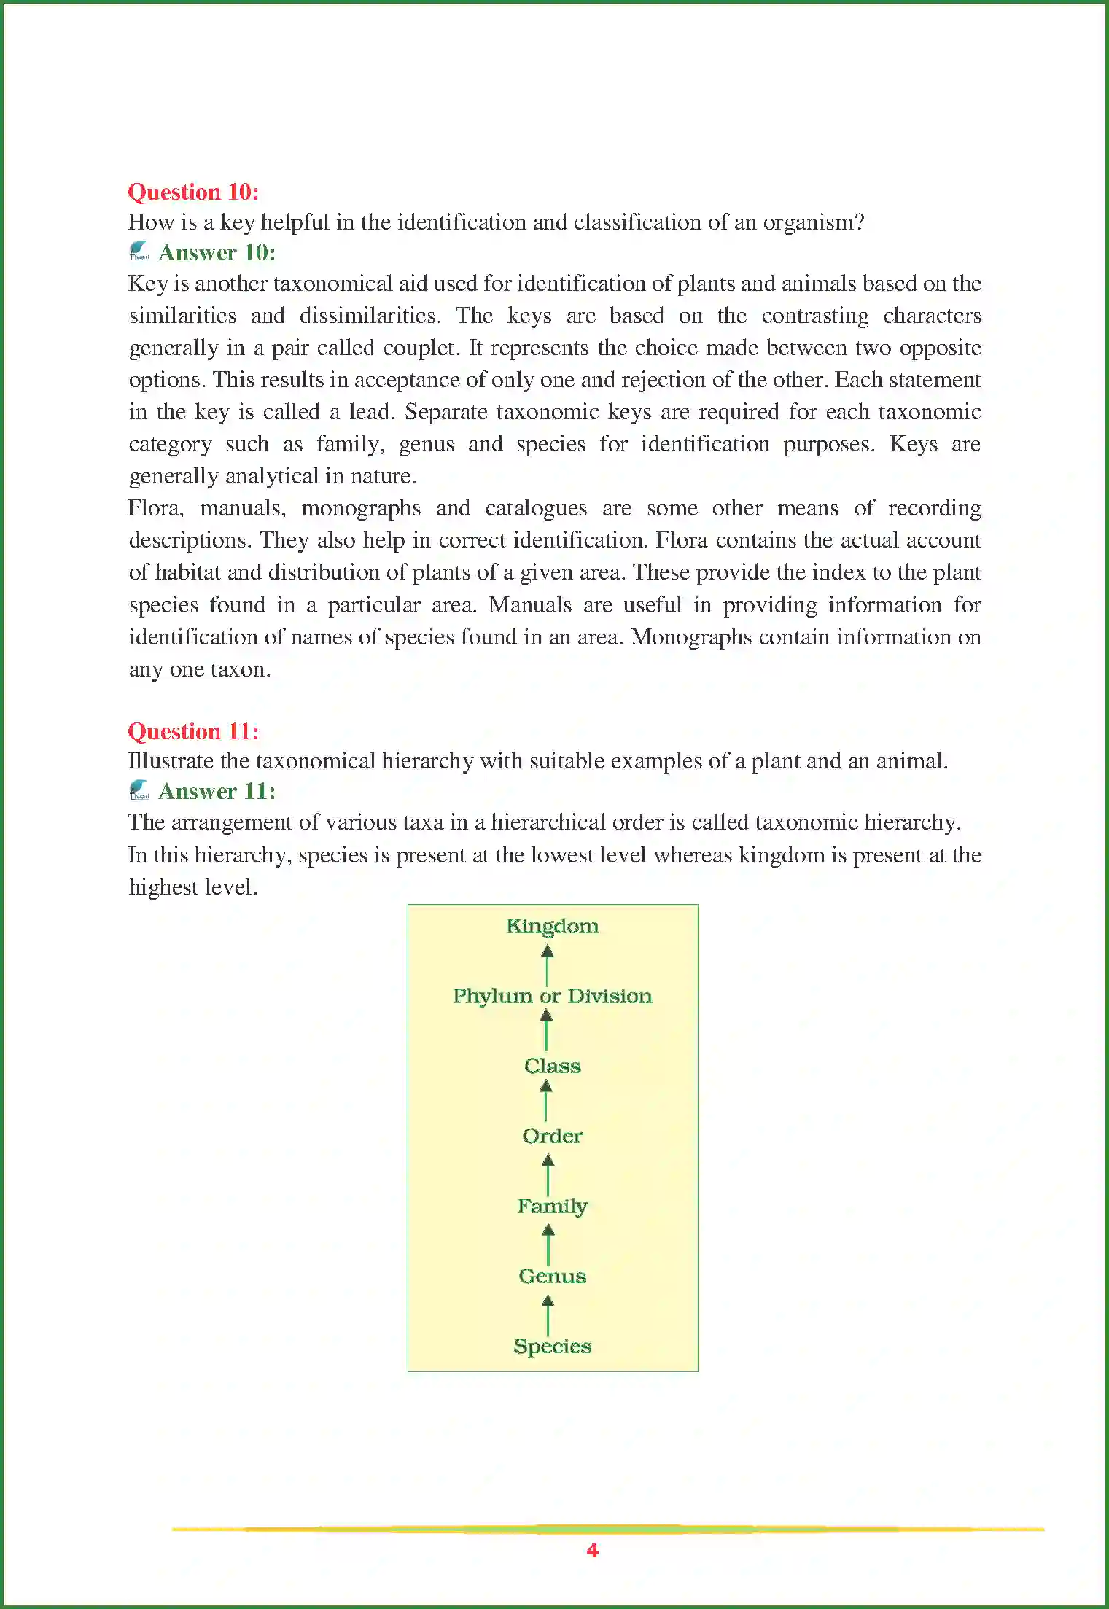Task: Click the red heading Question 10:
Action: (193, 192)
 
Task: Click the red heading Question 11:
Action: (193, 731)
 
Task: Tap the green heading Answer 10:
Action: (217, 252)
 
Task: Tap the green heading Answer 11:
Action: (217, 791)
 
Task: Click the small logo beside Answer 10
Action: (139, 252)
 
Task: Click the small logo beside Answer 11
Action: (139, 790)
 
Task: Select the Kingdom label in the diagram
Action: (552, 926)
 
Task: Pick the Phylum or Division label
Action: (552, 996)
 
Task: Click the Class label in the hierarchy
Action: (552, 1066)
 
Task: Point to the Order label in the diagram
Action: (552, 1136)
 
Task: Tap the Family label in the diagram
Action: (552, 1207)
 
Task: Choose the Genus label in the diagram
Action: (552, 1276)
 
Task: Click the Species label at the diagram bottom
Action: (552, 1346)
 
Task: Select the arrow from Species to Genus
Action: (548, 1314)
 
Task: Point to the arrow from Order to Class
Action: (546, 1101)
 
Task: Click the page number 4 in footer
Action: (592, 1550)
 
